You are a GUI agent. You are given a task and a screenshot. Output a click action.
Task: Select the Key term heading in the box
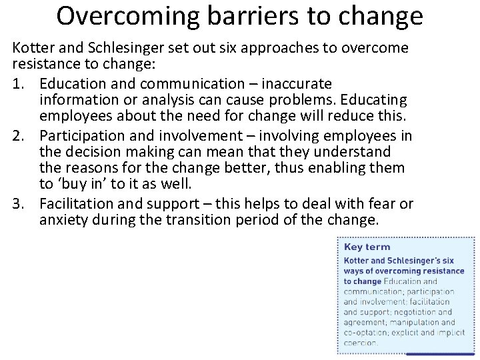point(367,247)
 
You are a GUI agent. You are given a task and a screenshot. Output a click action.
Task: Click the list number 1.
point(18,85)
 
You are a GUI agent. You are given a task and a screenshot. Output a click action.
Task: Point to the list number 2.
point(18,137)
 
